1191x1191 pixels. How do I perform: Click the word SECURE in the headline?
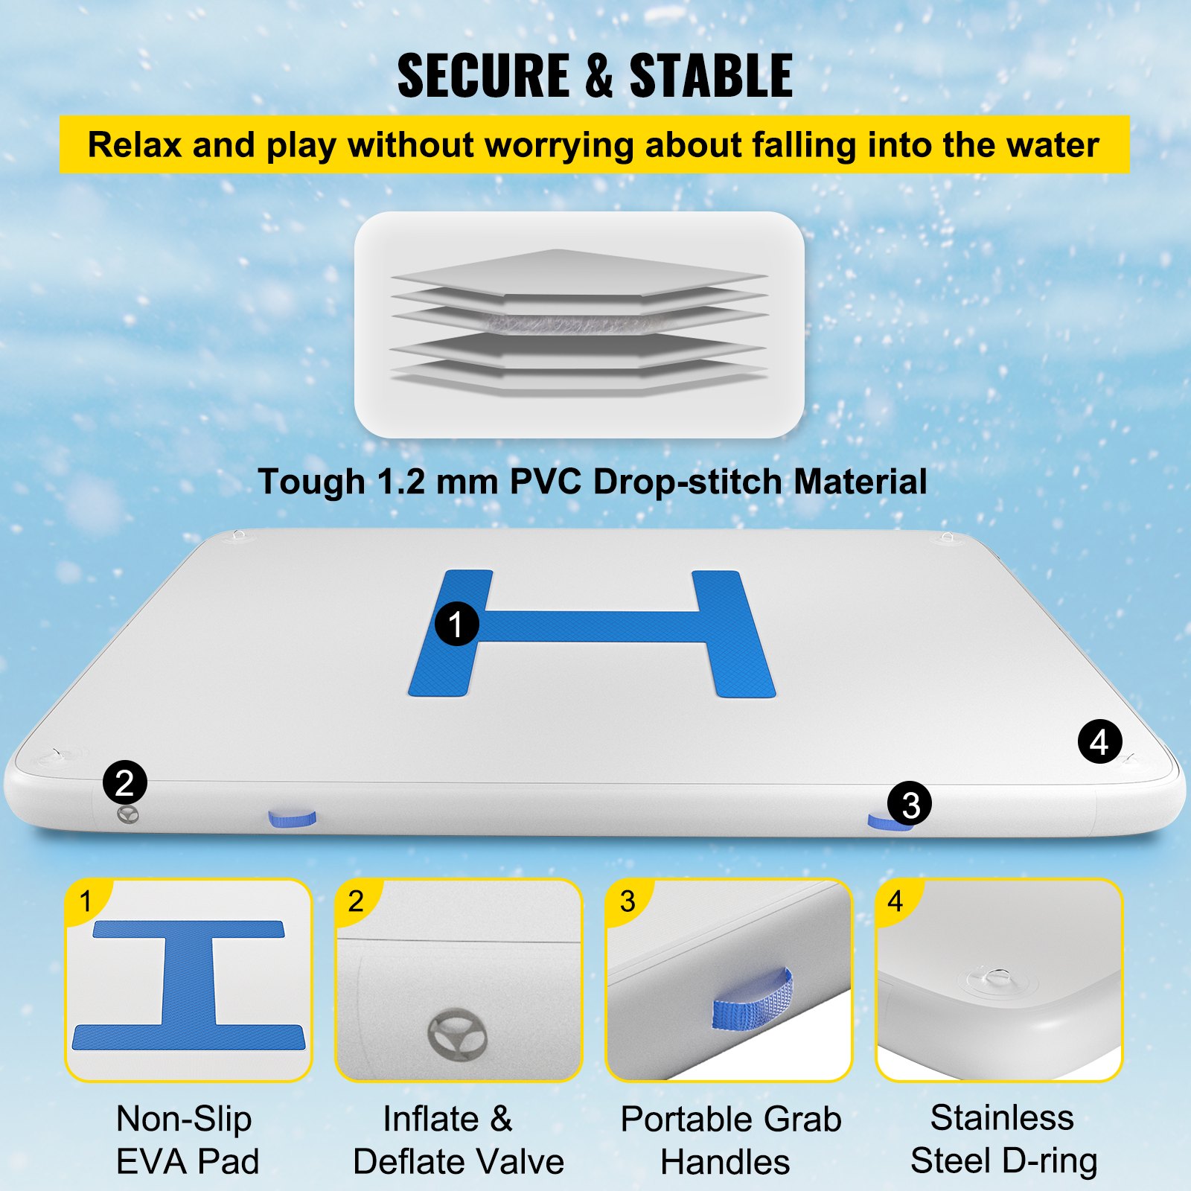(x=484, y=76)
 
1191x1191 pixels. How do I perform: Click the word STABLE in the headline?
(x=711, y=76)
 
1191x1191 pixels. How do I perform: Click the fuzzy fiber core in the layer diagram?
(x=573, y=323)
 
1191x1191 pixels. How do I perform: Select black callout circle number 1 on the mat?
(x=456, y=624)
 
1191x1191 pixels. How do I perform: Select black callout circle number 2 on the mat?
(x=124, y=782)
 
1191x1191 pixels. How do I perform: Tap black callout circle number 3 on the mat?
(x=909, y=804)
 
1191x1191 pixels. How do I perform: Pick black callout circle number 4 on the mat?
(x=1099, y=741)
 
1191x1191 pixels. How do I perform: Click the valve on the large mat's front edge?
(x=128, y=815)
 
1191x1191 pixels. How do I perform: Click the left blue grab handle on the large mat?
(x=292, y=819)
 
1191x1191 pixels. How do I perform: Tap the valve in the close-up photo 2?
(x=457, y=1034)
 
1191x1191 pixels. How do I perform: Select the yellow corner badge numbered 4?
(x=895, y=901)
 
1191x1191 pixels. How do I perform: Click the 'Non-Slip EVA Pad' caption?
(x=186, y=1140)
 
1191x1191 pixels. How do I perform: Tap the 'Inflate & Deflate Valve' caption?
(x=457, y=1140)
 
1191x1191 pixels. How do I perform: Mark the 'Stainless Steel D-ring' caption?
(x=1002, y=1139)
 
